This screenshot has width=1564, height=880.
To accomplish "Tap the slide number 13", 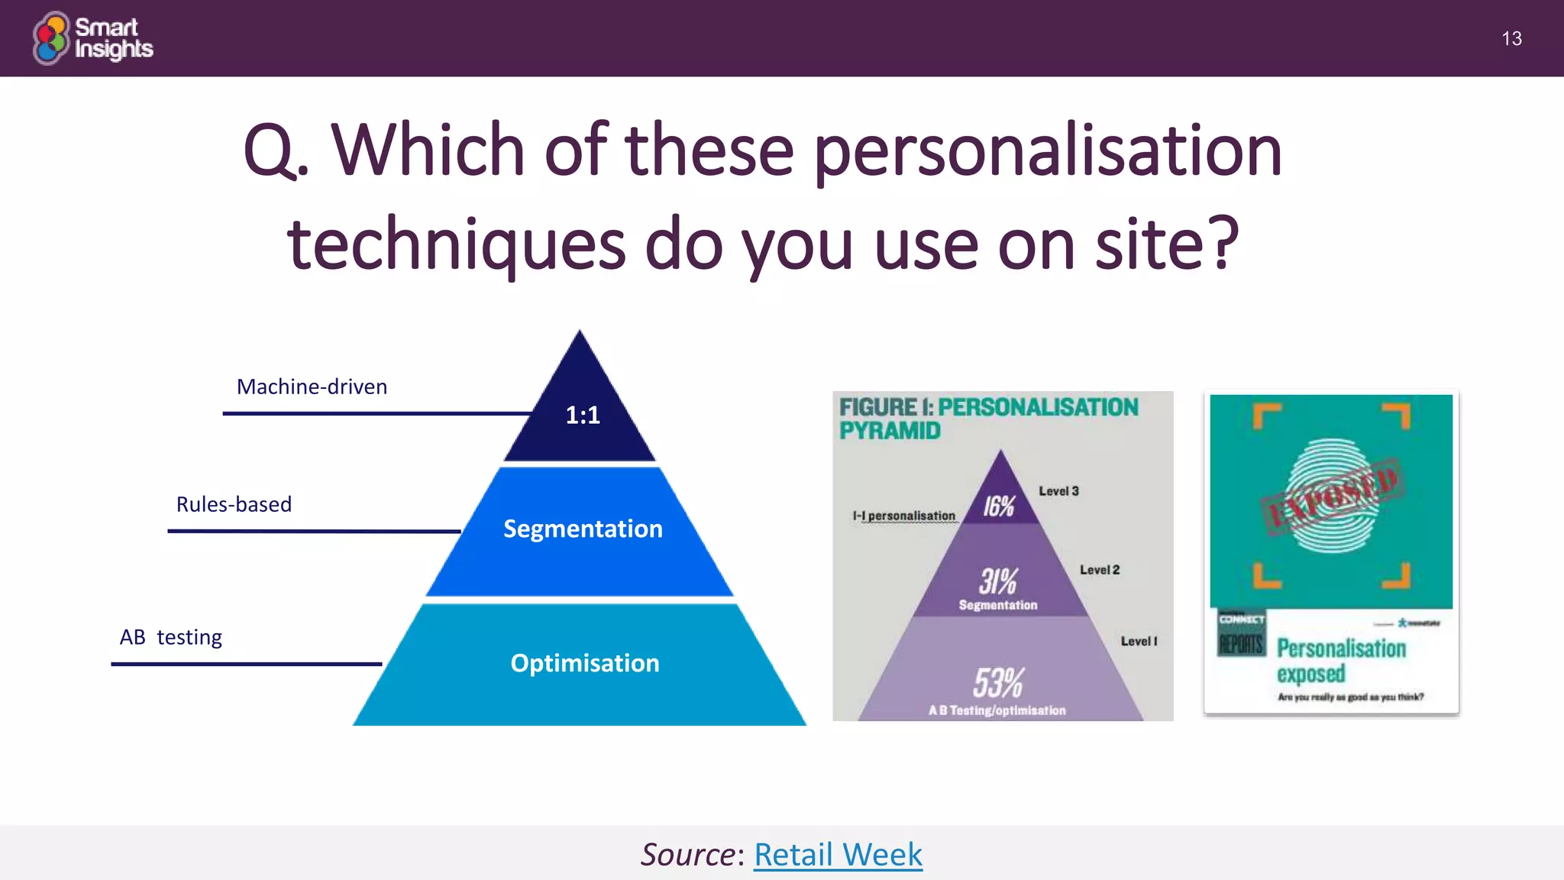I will [x=1511, y=39].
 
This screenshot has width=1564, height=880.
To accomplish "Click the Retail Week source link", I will [x=838, y=854].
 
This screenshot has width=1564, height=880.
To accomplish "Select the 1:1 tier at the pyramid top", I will [x=582, y=415].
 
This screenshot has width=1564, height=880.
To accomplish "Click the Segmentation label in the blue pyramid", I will [x=583, y=529].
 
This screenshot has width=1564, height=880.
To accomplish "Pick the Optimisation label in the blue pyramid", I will [x=584, y=663].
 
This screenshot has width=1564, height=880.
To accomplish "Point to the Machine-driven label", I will [x=312, y=387].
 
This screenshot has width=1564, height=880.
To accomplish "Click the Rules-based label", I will [x=234, y=504].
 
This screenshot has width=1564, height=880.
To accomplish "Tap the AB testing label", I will [x=170, y=637].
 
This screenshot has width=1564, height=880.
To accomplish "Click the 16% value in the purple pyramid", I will [x=998, y=506].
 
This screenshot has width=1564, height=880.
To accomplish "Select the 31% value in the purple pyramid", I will [x=998, y=581].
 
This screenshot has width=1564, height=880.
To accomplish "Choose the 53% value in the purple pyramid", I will [x=998, y=682].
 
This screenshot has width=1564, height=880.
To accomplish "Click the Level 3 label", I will [x=1058, y=491].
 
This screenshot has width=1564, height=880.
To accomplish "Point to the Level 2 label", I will [x=1100, y=570].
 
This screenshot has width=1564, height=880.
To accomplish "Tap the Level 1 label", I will [x=1139, y=642].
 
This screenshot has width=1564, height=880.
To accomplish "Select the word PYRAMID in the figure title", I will [x=890, y=431].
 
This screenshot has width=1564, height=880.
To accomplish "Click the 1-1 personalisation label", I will [x=904, y=516].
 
